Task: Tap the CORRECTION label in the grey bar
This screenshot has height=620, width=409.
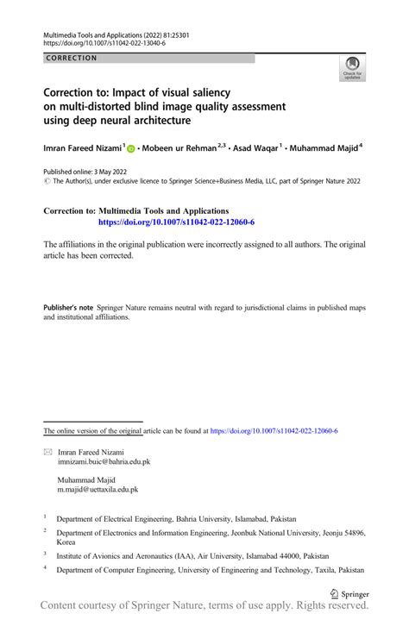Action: click(x=72, y=59)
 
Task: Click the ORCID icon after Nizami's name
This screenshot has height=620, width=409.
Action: click(x=131, y=149)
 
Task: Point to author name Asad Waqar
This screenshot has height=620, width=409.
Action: click(x=254, y=148)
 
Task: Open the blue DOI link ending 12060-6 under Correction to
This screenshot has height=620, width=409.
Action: click(x=177, y=222)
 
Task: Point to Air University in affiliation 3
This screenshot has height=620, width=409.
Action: click(x=209, y=557)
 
